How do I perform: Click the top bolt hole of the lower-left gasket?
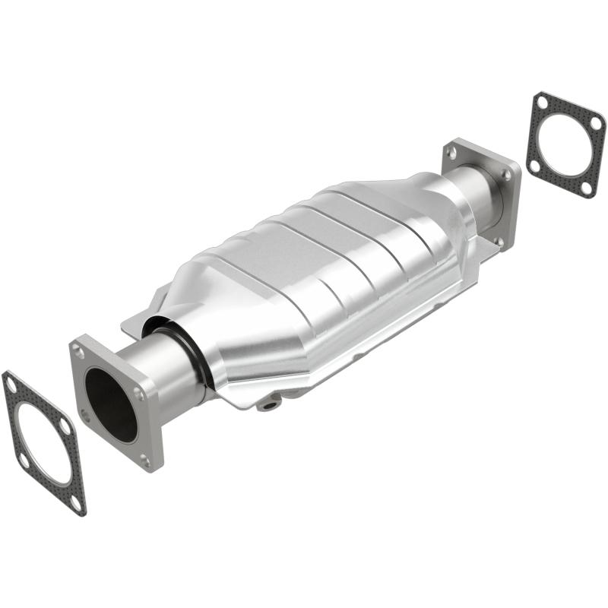[11, 385]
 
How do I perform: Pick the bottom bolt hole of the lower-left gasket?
[75, 502]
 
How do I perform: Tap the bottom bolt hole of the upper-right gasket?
[587, 186]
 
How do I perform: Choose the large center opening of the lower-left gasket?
[43, 444]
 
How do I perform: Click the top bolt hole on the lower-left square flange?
[79, 350]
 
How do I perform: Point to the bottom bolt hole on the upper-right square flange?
[499, 241]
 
